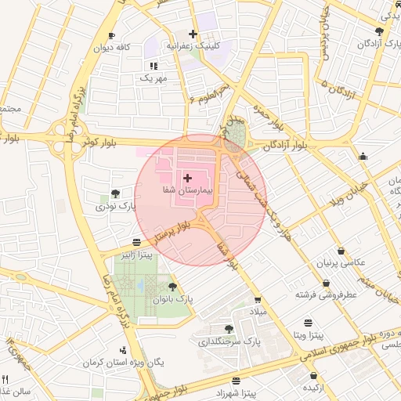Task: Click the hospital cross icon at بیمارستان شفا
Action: (x=187, y=179)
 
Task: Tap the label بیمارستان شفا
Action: (x=187, y=190)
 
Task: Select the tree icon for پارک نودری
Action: (x=116, y=193)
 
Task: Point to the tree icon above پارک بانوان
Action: (x=172, y=287)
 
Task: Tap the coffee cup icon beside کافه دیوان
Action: (x=111, y=35)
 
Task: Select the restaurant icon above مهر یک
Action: (x=152, y=66)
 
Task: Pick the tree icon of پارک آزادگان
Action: (x=380, y=31)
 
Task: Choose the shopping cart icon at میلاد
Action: (x=257, y=300)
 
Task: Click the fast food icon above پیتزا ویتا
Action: (x=309, y=323)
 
